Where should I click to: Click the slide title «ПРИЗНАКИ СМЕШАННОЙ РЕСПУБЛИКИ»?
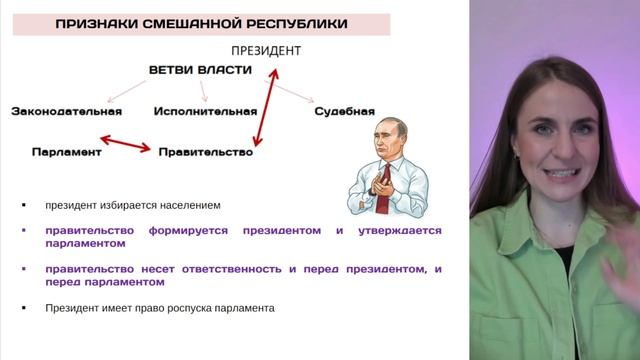[201, 23]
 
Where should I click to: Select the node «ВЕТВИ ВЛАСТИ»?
[200, 70]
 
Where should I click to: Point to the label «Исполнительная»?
[204, 110]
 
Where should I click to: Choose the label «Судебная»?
[344, 110]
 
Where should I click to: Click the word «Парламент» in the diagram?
[67, 152]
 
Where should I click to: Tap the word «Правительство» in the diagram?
[205, 152]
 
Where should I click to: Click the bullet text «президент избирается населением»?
[131, 206]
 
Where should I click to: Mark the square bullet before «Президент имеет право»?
[24, 308]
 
